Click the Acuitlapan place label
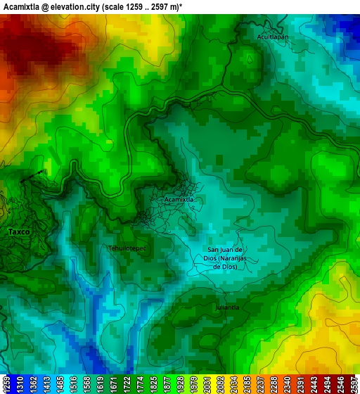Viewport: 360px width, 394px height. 274,36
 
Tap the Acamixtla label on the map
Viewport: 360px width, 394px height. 178,200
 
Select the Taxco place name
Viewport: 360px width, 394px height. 19,231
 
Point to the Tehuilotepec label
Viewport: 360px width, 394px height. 127,248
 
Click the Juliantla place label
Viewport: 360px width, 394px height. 227,307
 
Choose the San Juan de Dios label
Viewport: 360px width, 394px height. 225,258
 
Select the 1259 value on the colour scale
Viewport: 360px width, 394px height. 7,384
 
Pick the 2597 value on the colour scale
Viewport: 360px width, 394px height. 353,384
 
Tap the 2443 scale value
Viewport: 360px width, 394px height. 316,384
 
